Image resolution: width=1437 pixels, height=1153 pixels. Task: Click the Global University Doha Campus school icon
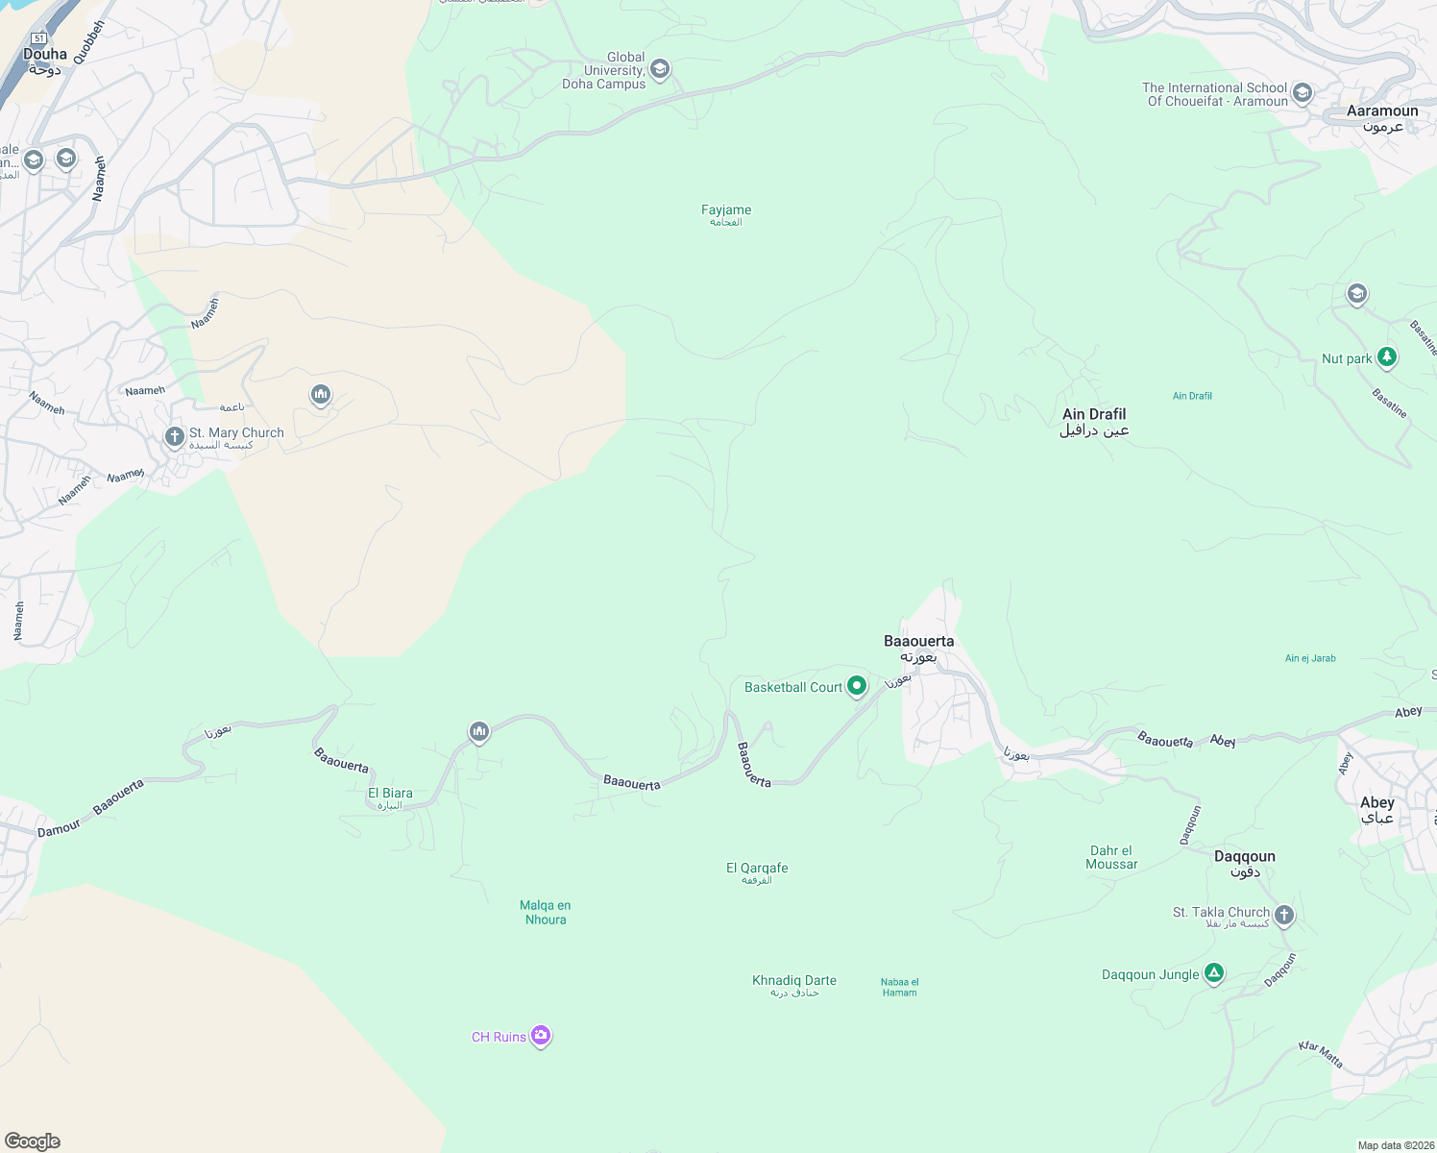pos(660,69)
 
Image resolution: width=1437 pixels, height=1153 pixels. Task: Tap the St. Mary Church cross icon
pos(174,437)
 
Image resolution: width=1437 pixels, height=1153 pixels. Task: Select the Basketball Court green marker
pos(857,686)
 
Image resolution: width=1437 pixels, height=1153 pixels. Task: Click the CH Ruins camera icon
pos(541,1036)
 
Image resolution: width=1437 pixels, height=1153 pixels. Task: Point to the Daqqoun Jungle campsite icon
pos(1214,974)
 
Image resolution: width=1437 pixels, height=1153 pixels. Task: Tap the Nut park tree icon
pos(1386,357)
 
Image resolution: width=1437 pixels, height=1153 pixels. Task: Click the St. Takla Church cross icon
pos(1284,915)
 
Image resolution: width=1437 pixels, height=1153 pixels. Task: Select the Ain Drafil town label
pos(1094,422)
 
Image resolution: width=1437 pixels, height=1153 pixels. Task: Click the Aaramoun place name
pos(1382,117)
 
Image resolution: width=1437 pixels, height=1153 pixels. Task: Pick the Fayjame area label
pos(726,214)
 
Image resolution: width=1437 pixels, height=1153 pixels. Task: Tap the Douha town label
pos(45,61)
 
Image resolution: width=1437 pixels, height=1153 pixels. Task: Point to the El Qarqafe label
pos(757,872)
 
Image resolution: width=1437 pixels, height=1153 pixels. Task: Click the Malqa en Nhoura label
pos(546,912)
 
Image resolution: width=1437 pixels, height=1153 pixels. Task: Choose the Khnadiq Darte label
pos(794,985)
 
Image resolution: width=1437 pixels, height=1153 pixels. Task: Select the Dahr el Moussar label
pos(1111,857)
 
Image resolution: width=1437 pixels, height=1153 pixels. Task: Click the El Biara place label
pos(390,797)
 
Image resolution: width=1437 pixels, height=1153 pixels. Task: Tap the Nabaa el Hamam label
pos(900,987)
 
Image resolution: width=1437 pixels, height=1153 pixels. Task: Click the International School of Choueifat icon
pos(1303,93)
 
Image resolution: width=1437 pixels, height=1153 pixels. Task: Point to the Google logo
pos(33,1141)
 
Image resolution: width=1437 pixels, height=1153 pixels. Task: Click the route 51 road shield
pos(38,38)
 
